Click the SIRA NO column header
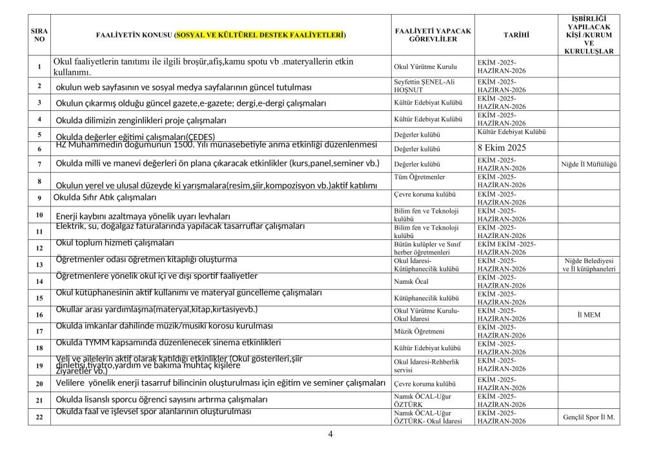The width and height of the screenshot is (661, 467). tap(39, 35)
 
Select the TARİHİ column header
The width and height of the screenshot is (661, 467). tap(516, 35)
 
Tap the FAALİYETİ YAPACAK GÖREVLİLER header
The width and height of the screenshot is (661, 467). tap(433, 35)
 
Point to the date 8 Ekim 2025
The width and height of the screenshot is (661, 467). tap(502, 148)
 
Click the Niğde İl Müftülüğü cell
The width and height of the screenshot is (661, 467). tap(589, 164)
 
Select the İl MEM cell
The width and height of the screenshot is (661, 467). tap(588, 315)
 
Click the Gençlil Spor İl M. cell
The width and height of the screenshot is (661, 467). tap(589, 417)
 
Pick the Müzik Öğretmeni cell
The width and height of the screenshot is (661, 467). tap(419, 332)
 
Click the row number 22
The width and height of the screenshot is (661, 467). tap(39, 417)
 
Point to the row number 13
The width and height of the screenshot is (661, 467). tap(39, 264)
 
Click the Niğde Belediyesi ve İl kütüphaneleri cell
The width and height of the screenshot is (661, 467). tap(589, 264)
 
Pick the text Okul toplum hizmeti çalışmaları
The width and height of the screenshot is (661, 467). tap(115, 243)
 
